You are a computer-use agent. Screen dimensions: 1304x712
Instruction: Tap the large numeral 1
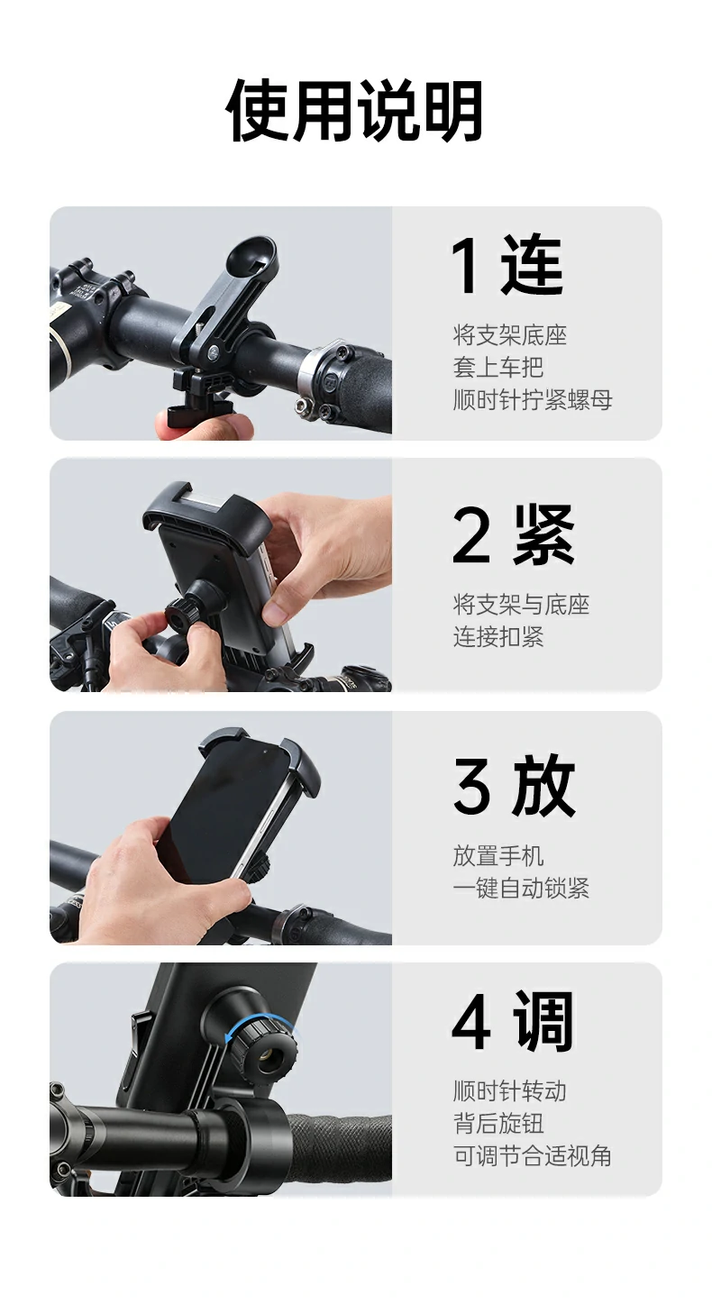pyautogui.click(x=467, y=266)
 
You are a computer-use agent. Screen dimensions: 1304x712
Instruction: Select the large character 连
pyautogui.click(x=533, y=266)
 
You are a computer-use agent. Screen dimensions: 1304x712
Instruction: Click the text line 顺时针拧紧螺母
pyautogui.click(x=532, y=399)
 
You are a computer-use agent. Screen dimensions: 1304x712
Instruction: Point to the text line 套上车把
pyautogui.click(x=497, y=368)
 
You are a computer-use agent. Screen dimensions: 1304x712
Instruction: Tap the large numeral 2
pyautogui.click(x=470, y=535)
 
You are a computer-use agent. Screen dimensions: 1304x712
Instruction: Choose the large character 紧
pyautogui.click(x=544, y=535)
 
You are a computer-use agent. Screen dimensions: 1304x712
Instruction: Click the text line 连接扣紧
pyautogui.click(x=497, y=637)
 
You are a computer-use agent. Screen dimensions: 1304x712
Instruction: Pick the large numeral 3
pyautogui.click(x=471, y=787)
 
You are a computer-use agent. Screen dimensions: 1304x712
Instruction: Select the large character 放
pyautogui.click(x=544, y=787)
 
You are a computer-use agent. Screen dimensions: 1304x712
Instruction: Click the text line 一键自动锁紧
pyautogui.click(x=520, y=889)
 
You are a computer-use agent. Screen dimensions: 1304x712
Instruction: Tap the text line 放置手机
pyautogui.click(x=497, y=856)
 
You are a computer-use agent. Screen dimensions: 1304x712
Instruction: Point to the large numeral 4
pyautogui.click(x=471, y=1023)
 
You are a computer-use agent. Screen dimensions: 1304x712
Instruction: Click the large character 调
pyautogui.click(x=544, y=1023)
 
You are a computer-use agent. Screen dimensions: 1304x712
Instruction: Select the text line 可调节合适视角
pyautogui.click(x=532, y=1156)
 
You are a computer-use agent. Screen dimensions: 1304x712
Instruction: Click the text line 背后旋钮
pyautogui.click(x=497, y=1124)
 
